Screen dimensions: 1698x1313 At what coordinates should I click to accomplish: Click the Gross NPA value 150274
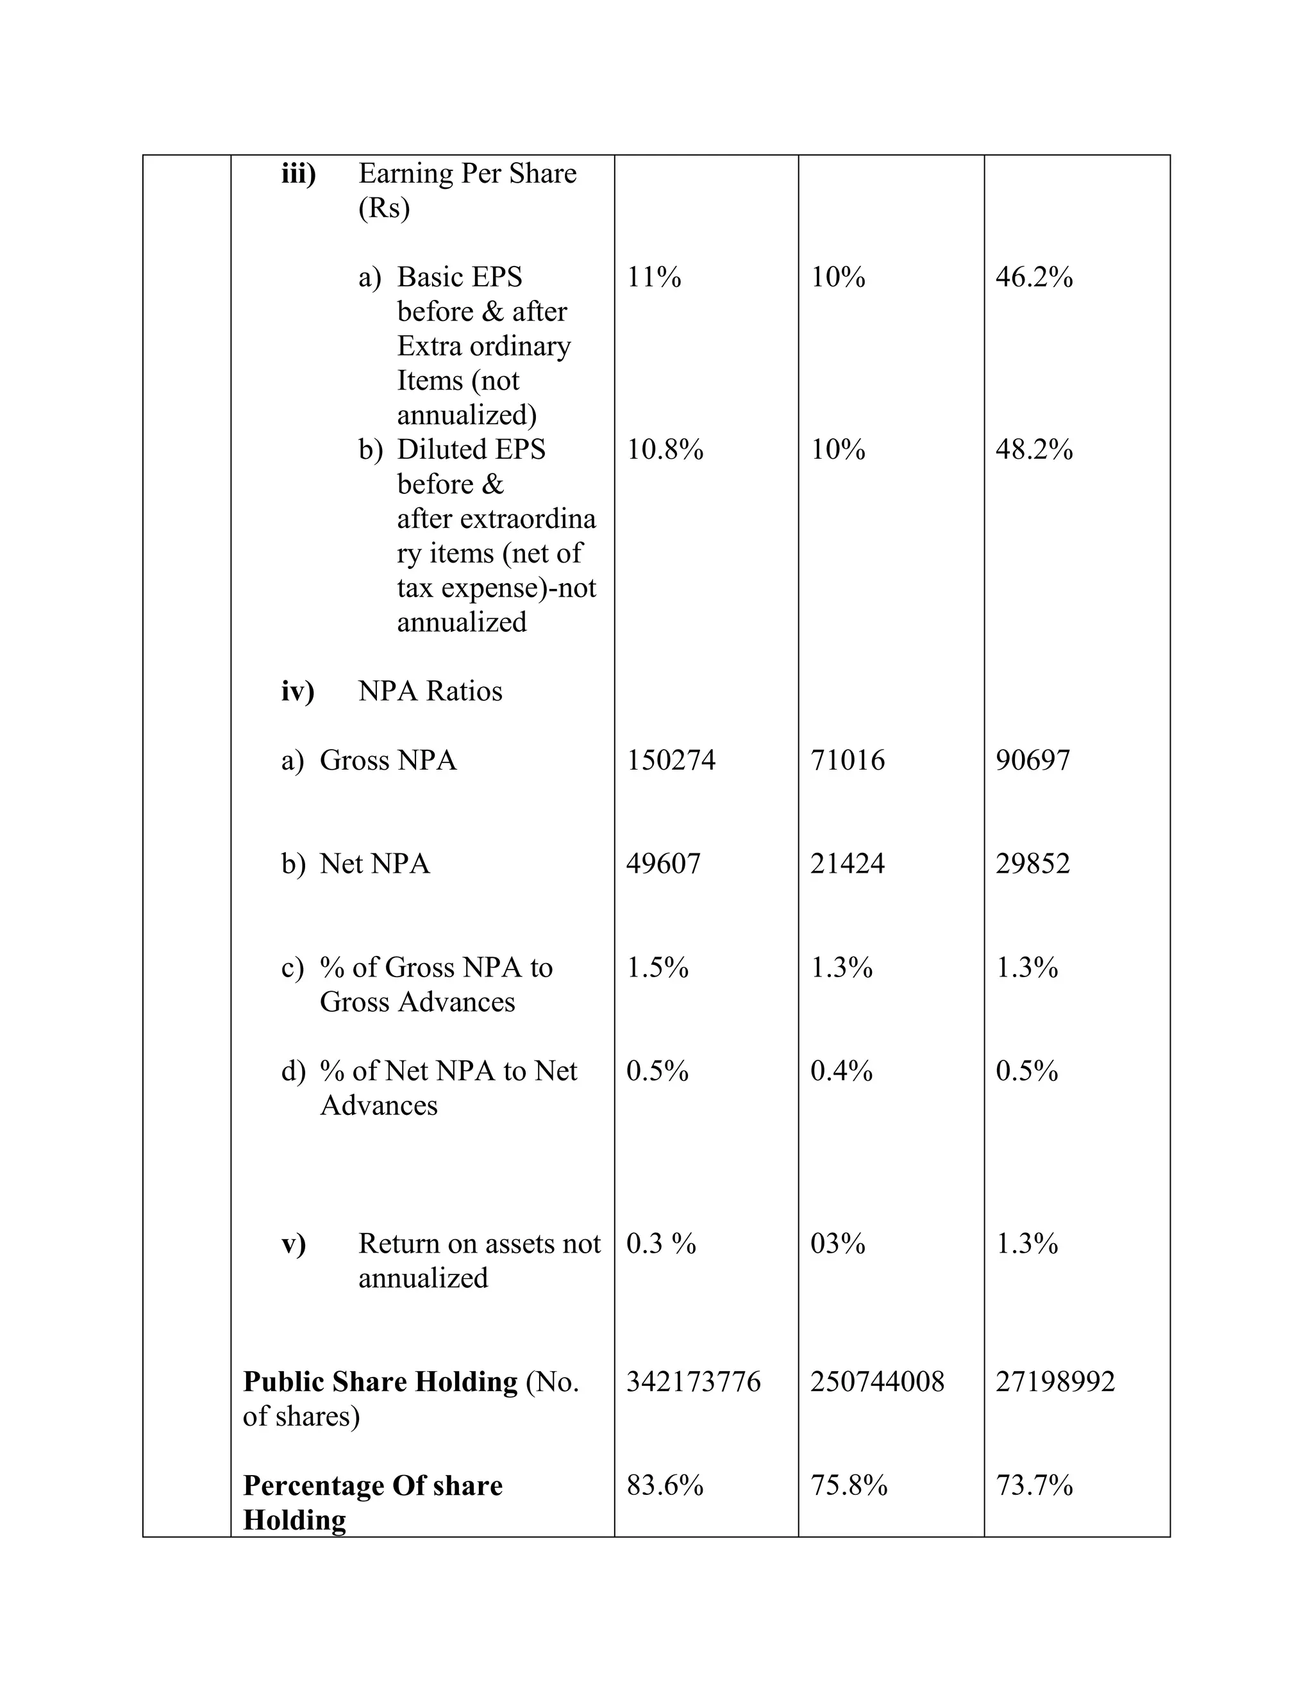coord(671,759)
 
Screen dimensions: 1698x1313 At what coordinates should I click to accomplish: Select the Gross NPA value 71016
coord(847,759)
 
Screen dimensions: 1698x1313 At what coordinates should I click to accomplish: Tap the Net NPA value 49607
coord(664,863)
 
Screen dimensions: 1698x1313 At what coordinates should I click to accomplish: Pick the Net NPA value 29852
coord(1032,863)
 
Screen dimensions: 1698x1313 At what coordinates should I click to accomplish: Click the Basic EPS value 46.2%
coord(1033,277)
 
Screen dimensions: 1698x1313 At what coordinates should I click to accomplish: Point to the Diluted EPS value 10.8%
coord(665,449)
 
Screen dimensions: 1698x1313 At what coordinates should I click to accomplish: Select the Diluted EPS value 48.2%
coord(1033,449)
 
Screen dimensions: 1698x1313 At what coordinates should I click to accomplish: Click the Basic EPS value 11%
coord(653,277)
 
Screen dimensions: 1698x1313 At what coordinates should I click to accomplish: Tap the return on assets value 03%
coord(838,1243)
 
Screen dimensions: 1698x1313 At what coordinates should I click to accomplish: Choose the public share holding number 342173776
coord(693,1381)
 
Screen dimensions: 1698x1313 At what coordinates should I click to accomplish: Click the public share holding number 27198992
coord(1055,1381)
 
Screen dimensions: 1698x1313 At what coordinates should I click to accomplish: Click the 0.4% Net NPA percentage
coord(841,1071)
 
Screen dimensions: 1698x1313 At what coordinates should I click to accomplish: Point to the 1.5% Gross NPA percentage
coord(657,967)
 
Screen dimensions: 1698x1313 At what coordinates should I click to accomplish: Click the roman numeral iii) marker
coord(298,174)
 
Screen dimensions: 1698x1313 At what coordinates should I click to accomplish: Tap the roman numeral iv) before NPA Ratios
coord(297,690)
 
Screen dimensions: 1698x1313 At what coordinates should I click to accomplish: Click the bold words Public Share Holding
coord(380,1381)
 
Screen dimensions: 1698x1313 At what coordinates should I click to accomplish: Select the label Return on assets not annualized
coord(478,1260)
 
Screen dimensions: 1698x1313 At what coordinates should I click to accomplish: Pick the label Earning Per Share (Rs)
coord(467,190)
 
